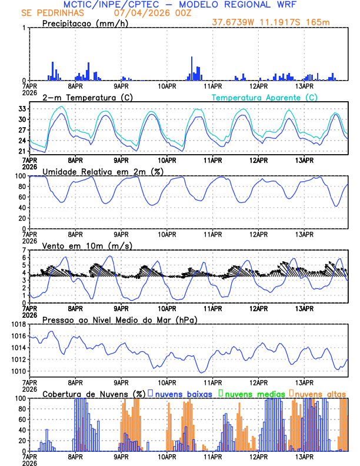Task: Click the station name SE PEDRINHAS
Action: (52, 13)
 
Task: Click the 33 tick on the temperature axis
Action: (21, 109)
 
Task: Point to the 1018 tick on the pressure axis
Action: (17, 324)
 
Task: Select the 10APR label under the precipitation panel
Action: (167, 86)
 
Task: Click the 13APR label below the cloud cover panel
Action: (304, 457)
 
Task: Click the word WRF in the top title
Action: (288, 4)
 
